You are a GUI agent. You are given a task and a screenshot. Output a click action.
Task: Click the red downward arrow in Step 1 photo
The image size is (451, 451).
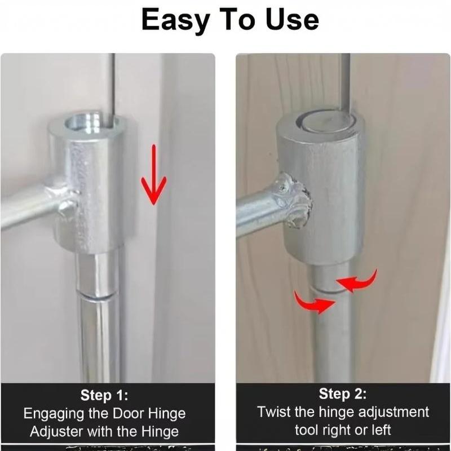click(153, 175)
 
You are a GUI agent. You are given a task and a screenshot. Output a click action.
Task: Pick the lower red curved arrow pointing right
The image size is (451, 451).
click(313, 303)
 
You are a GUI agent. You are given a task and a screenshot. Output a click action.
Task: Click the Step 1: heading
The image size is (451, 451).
click(104, 395)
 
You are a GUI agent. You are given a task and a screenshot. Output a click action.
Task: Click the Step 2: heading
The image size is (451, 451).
click(343, 393)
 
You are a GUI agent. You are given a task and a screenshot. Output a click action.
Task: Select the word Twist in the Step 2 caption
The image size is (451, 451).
click(274, 412)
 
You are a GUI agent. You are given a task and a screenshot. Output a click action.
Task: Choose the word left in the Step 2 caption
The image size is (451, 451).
click(381, 430)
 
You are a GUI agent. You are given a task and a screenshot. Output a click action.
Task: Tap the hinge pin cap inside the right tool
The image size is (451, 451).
click(326, 122)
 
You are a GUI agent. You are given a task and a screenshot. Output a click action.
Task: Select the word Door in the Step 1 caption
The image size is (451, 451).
click(129, 413)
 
